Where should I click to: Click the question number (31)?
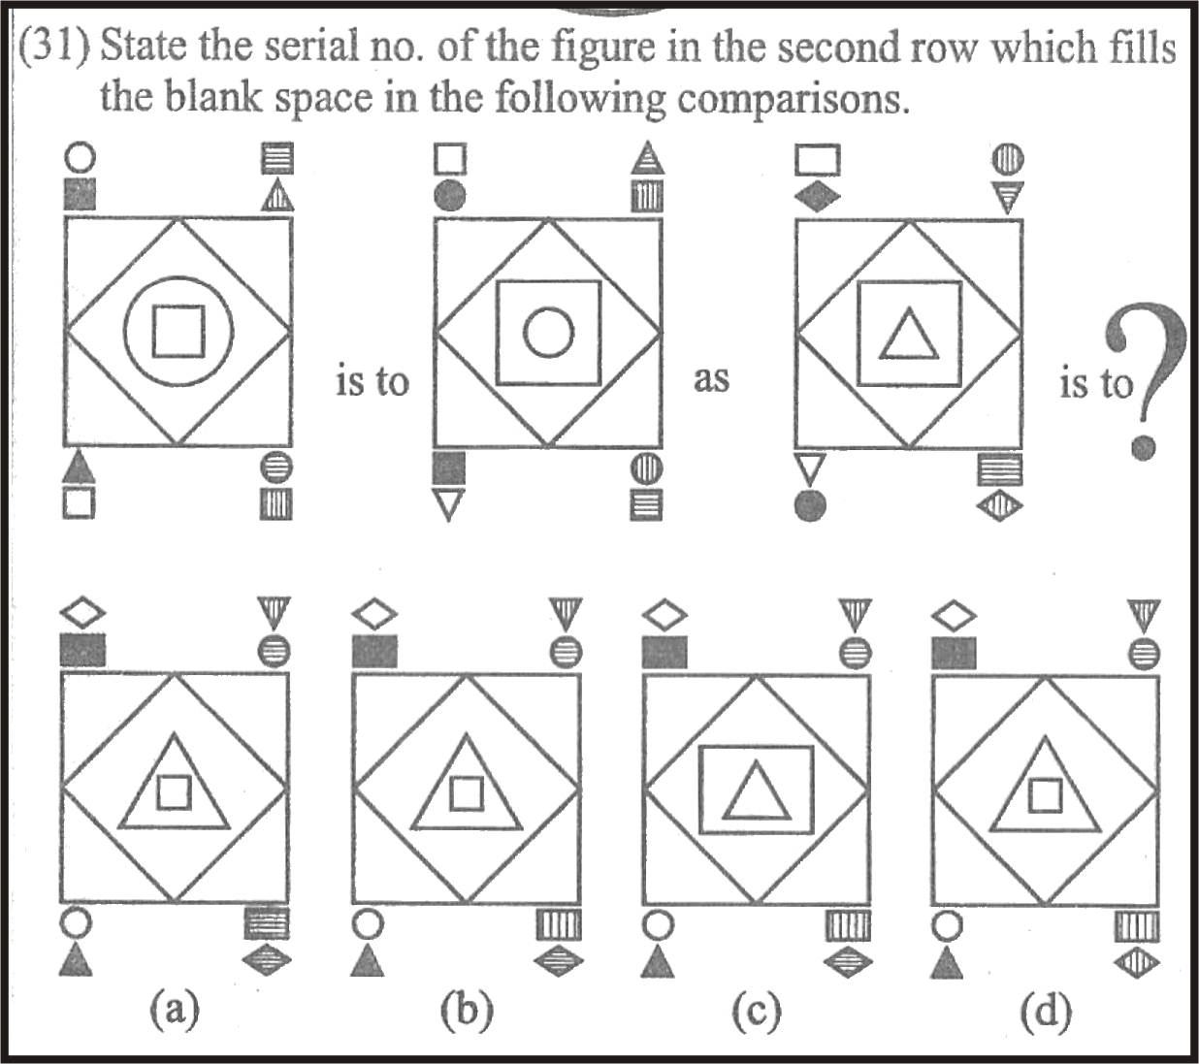click(x=55, y=48)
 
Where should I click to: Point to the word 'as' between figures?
click(x=711, y=378)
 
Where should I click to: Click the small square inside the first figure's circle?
click(x=178, y=332)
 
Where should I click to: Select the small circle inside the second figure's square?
click(x=548, y=333)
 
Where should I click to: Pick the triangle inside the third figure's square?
click(x=908, y=335)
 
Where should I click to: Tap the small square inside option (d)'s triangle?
click(x=1045, y=796)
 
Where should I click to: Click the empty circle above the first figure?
click(x=80, y=158)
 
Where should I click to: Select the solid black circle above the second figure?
click(x=450, y=195)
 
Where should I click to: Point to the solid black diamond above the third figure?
click(x=818, y=197)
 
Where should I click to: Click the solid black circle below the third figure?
click(x=811, y=506)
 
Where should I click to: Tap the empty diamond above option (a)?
click(x=83, y=614)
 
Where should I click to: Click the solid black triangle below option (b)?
click(x=368, y=959)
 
